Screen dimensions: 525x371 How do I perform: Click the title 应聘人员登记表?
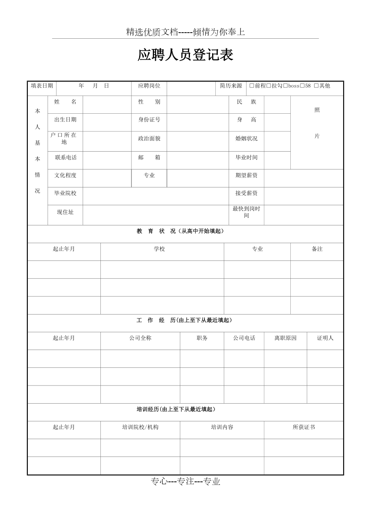[185, 55]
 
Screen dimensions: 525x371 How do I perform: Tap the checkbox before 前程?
[252, 86]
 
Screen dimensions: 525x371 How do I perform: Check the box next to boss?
[286, 86]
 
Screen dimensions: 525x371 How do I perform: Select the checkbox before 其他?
[316, 86]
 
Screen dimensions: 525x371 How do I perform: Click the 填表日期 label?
[42, 86]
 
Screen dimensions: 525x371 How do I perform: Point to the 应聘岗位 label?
[149, 86]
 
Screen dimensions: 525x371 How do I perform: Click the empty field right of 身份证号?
[198, 120]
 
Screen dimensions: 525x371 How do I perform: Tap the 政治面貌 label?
[149, 139]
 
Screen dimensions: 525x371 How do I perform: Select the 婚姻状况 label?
[246, 139]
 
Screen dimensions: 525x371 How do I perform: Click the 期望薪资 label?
[246, 175]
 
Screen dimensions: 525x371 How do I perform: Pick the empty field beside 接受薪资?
[303, 194]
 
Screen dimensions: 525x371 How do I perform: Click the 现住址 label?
[65, 212]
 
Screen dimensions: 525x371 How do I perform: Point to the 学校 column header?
[159, 249]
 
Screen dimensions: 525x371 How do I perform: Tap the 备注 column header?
[317, 249]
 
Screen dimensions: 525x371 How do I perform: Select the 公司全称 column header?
[140, 338]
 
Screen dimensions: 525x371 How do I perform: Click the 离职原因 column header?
[286, 338]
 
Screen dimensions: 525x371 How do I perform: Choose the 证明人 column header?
[325, 338]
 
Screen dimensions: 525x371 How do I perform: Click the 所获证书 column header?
[304, 427]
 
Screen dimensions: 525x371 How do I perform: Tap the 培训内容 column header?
[222, 427]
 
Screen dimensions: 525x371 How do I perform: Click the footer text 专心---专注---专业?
[185, 481]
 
